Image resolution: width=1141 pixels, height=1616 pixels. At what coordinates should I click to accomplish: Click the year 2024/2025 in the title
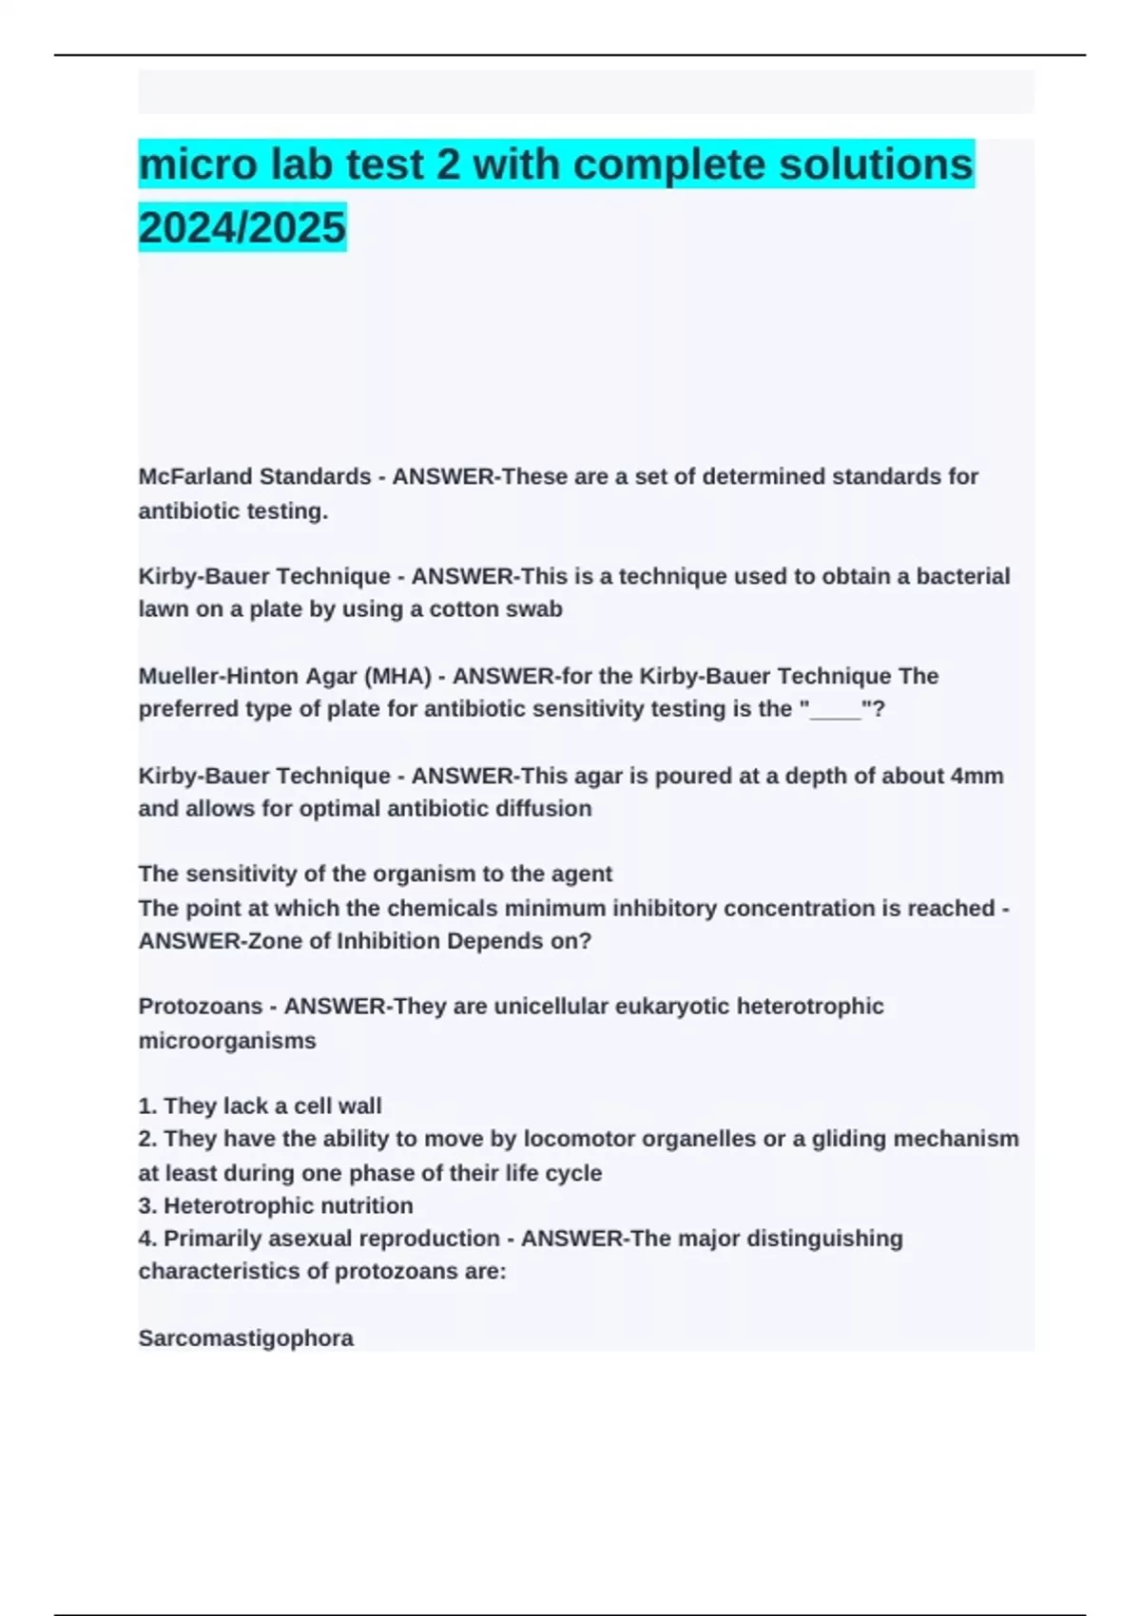pos(242,227)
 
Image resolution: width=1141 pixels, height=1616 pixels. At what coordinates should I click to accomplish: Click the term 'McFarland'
pos(195,476)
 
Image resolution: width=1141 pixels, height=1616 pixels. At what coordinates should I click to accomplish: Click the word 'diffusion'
pos(546,809)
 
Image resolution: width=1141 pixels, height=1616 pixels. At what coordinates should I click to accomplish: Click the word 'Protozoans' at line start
pos(201,1007)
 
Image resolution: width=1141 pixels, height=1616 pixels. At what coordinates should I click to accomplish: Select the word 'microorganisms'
pos(227,1041)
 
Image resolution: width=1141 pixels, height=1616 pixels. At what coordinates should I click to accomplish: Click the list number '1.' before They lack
pos(147,1106)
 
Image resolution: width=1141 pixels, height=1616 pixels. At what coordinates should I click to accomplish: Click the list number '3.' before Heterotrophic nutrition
pos(147,1206)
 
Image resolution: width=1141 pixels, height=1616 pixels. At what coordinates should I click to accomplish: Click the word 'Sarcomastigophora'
pos(246,1338)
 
